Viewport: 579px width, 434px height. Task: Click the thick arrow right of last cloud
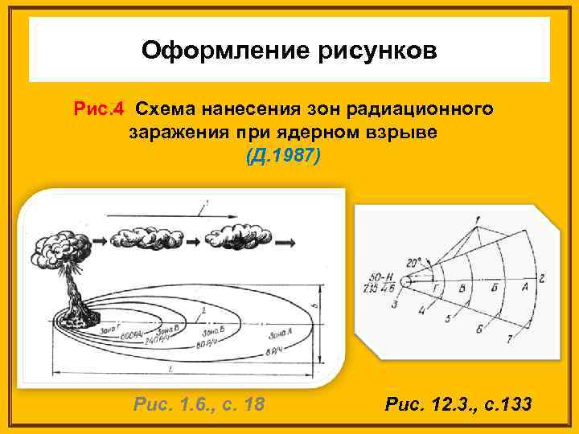285,239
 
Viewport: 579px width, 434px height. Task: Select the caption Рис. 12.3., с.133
458,403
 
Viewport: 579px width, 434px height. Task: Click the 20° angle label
415,264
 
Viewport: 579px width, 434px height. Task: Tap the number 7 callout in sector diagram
510,341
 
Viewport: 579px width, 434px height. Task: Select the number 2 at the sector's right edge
543,279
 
